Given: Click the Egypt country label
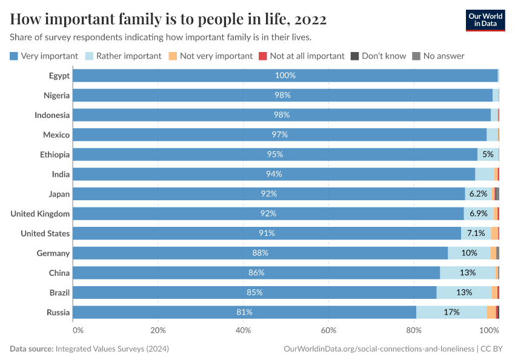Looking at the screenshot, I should click(x=59, y=76).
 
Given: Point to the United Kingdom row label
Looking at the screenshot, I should click(x=40, y=214).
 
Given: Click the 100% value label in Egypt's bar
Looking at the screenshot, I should click(x=285, y=76).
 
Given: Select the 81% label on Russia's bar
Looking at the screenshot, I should click(x=244, y=312).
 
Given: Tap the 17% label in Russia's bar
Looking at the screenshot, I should click(x=451, y=312).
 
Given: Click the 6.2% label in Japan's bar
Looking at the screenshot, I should click(x=479, y=194).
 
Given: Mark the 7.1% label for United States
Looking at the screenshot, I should click(x=476, y=234).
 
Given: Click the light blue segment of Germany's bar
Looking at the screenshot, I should click(x=469, y=253).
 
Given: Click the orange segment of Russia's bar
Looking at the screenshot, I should click(x=491, y=312).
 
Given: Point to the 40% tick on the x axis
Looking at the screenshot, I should click(x=243, y=330).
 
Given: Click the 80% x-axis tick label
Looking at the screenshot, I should click(x=414, y=330).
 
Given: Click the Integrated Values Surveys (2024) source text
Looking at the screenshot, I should click(x=112, y=349).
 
